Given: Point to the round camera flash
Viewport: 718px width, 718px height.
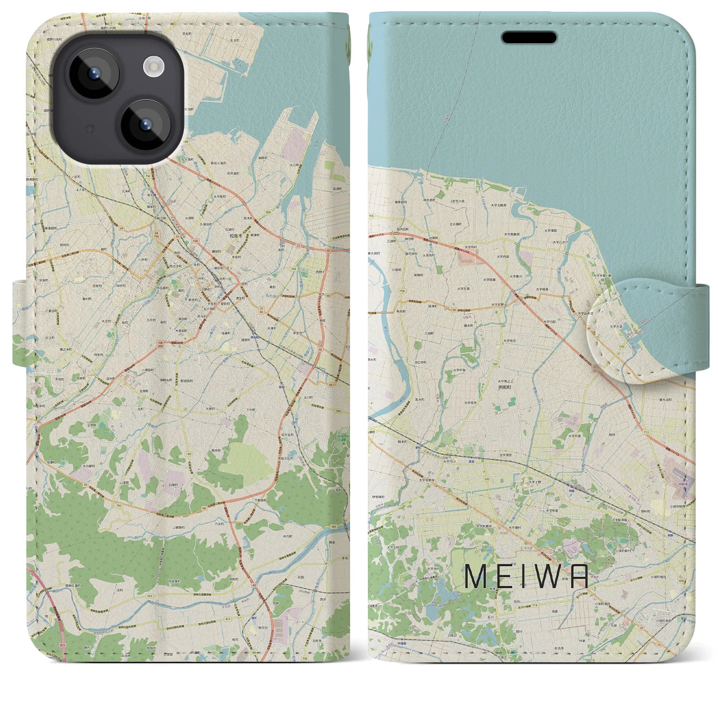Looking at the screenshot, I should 152,68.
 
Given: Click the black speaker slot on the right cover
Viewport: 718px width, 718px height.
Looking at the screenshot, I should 528,38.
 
